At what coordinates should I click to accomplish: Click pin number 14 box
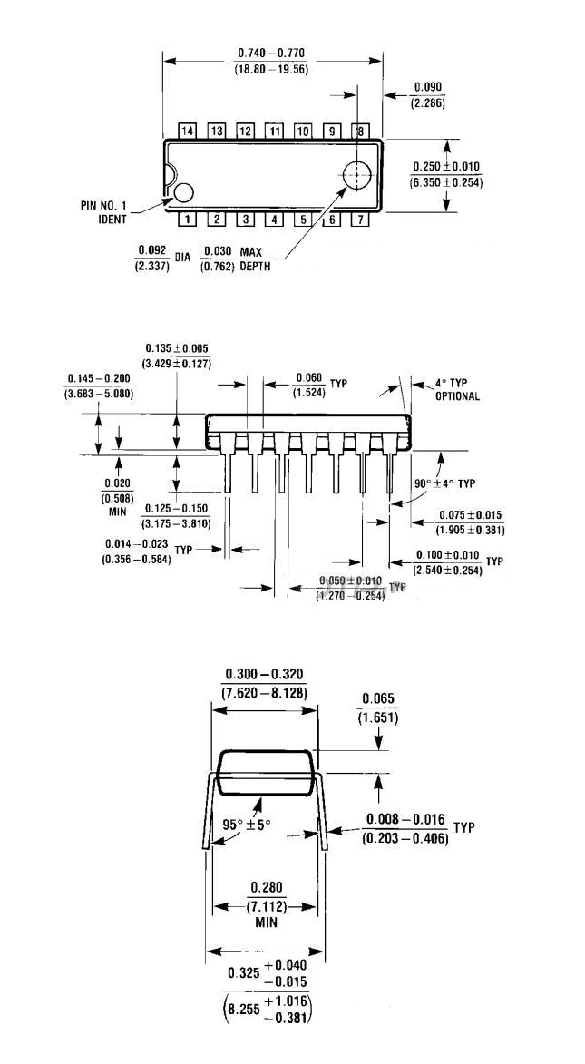click(188, 132)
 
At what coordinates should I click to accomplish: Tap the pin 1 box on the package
click(188, 219)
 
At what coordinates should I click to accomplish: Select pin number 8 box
click(361, 132)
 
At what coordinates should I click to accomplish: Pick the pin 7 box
click(361, 219)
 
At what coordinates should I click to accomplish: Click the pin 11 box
click(274, 132)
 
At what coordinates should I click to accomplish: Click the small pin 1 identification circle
click(184, 192)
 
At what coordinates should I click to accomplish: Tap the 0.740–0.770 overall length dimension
click(271, 61)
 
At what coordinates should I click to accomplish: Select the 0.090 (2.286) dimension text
click(427, 95)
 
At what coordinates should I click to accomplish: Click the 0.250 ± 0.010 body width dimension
click(446, 174)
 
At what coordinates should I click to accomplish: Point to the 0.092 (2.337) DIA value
click(153, 258)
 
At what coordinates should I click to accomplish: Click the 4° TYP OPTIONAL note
click(457, 390)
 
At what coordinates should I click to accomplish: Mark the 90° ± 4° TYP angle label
click(444, 483)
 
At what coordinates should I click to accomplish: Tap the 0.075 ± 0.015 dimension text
click(470, 522)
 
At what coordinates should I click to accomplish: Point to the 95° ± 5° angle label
click(247, 826)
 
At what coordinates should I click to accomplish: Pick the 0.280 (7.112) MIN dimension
click(264, 905)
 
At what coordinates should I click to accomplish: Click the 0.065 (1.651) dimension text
click(379, 707)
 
